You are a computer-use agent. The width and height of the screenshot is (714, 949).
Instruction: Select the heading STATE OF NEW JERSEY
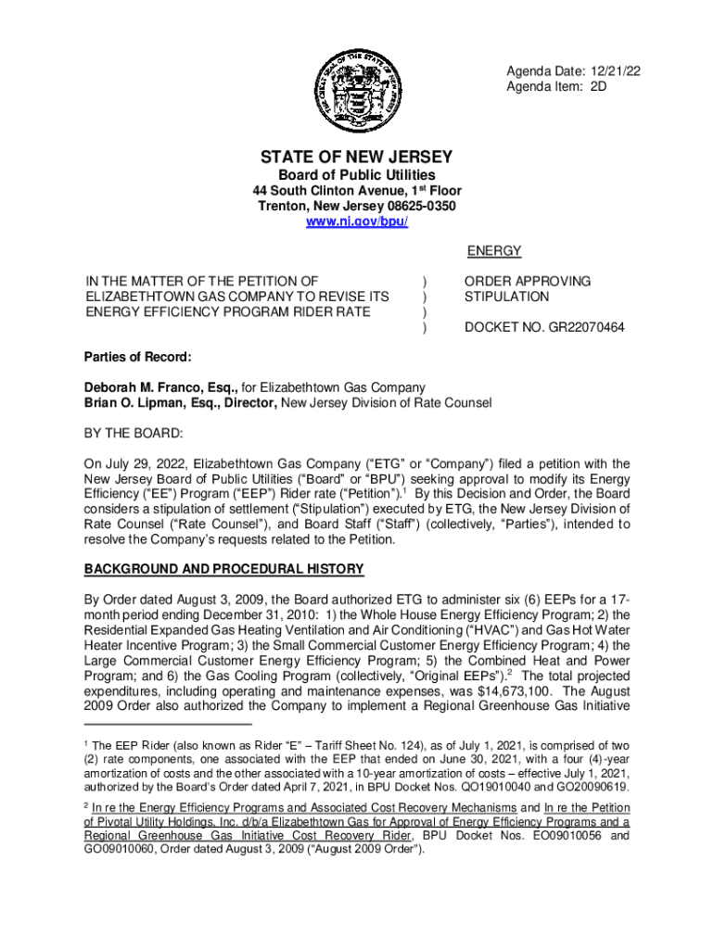[x=356, y=157]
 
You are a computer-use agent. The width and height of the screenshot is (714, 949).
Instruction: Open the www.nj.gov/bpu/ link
[x=356, y=223]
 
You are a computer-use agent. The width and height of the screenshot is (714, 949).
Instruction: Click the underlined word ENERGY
[x=493, y=251]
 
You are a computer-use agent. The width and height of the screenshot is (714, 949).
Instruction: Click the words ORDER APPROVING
[x=527, y=281]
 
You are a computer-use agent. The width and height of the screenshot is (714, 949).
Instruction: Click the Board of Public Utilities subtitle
[x=356, y=175]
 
